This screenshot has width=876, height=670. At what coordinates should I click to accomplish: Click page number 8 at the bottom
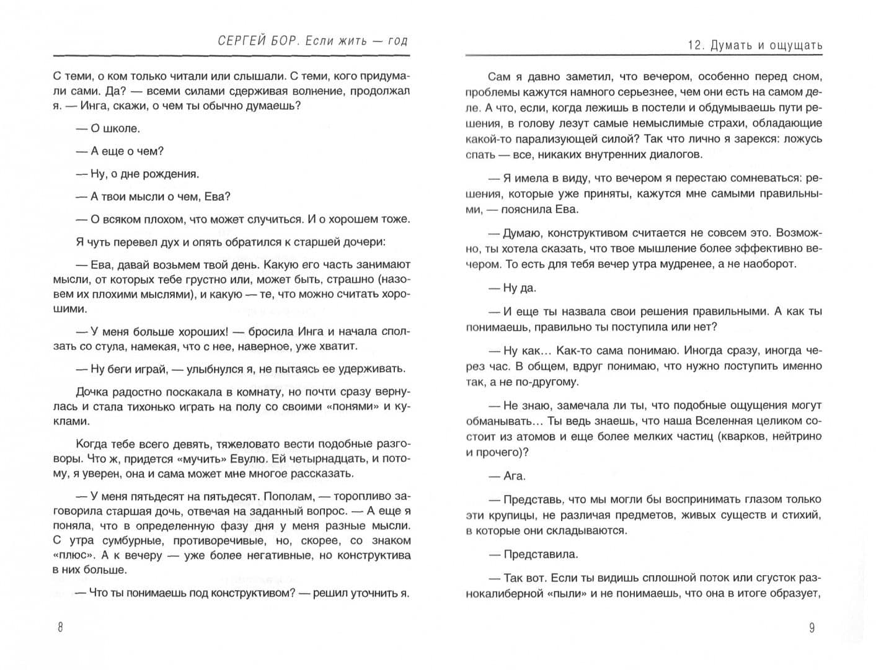tap(60, 627)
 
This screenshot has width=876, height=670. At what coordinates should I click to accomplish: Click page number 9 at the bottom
tap(812, 628)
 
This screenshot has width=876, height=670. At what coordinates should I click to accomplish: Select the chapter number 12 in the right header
tap(695, 45)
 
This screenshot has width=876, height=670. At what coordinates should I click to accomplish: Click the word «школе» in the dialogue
tap(123, 128)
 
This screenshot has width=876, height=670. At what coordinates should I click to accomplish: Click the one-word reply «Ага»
tap(514, 476)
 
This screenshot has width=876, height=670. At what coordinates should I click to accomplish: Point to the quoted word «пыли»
tap(565, 594)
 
